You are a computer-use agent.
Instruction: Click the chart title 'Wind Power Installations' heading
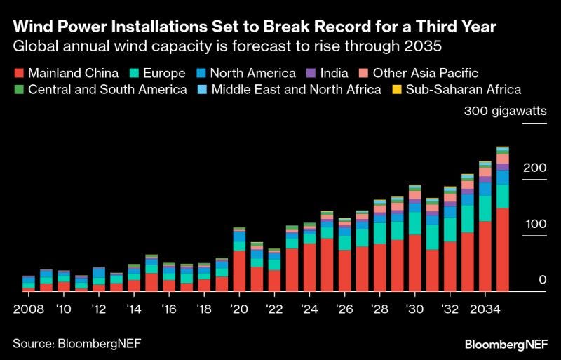[255, 27]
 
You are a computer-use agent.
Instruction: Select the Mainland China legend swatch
[19, 72]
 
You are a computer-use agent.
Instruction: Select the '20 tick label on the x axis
[239, 309]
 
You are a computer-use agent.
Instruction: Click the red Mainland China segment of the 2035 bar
[502, 249]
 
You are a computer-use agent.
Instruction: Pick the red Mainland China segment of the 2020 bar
[239, 271]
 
